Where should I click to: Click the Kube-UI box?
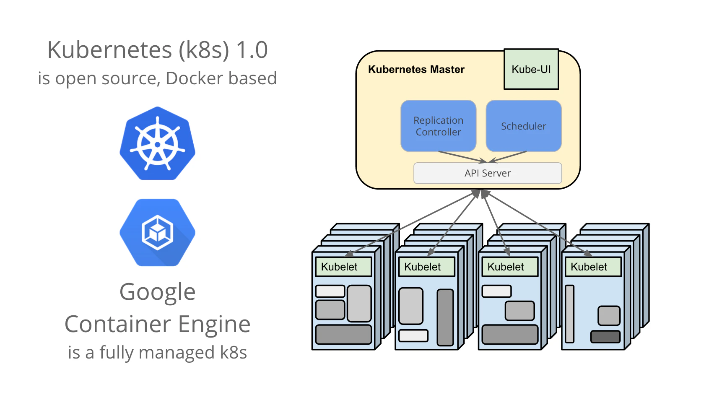point(531,69)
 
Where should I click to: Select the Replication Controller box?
point(439,126)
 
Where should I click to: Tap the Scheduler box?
point(524,126)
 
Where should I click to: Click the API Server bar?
point(488,173)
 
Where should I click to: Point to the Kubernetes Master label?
point(416,69)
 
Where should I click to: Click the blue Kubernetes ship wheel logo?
point(157,143)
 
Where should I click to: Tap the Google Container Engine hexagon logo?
point(157,233)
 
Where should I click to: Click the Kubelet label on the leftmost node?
point(339,267)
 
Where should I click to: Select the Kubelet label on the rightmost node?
point(589,267)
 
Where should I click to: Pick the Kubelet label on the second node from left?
point(422,267)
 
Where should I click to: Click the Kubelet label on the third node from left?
point(505,267)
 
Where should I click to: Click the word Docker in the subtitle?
point(195,78)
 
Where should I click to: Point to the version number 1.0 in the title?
point(252,49)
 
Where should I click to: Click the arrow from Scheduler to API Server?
point(508,157)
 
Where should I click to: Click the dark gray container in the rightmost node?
point(605,337)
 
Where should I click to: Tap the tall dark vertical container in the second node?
point(445,317)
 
